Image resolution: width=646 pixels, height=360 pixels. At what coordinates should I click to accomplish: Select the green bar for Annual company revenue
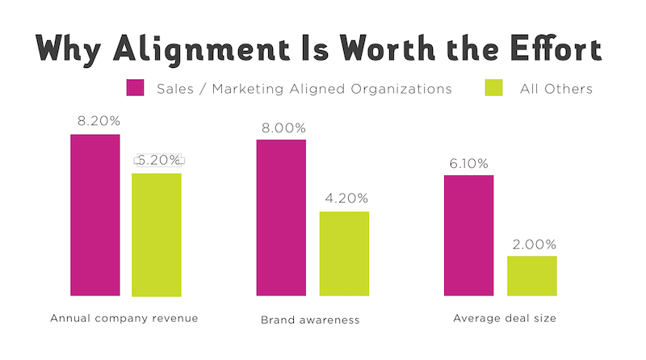(x=157, y=235)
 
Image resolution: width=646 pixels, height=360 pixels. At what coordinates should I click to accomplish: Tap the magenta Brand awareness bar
(x=281, y=217)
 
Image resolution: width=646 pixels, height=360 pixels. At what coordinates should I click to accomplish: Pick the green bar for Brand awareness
(x=344, y=253)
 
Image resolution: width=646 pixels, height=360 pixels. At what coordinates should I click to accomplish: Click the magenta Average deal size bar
(x=468, y=235)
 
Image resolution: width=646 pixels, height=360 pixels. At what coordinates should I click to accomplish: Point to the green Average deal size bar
(x=531, y=276)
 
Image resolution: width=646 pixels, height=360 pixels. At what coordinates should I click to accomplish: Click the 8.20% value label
(x=95, y=121)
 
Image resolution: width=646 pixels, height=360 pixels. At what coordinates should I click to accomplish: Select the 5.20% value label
(x=158, y=160)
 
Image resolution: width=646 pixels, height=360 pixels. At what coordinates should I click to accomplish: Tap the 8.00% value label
(x=282, y=127)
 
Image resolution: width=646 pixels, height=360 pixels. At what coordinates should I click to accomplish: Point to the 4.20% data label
(x=345, y=198)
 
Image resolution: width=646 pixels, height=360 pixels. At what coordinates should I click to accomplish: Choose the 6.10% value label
(x=468, y=163)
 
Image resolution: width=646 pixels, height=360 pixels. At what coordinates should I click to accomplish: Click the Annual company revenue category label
(x=124, y=318)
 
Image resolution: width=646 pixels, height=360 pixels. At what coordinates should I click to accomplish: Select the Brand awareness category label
(x=310, y=320)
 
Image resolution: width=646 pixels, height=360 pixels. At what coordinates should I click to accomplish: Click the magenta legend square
(x=136, y=88)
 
